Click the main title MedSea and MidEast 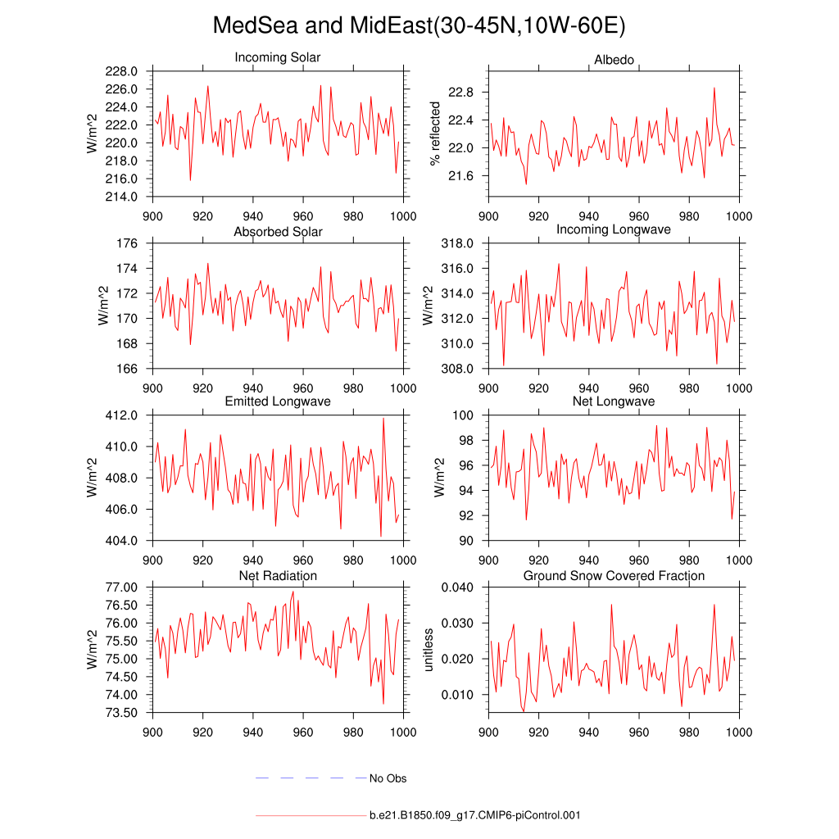pyautogui.click(x=419, y=25)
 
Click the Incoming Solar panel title pyautogui.click(x=278, y=58)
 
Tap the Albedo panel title pyautogui.click(x=614, y=61)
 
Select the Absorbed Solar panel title pyautogui.click(x=278, y=232)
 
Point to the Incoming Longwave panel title pyautogui.click(x=614, y=229)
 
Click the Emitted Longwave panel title pyautogui.click(x=278, y=401)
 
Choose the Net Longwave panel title pyautogui.click(x=614, y=401)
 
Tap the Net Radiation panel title pyautogui.click(x=278, y=576)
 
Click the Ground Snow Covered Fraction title pyautogui.click(x=614, y=576)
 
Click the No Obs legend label pyautogui.click(x=388, y=778)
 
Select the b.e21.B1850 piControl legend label pyautogui.click(x=475, y=816)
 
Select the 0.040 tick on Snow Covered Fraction pyautogui.click(x=457, y=587)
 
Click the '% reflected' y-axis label pyautogui.click(x=435, y=134)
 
